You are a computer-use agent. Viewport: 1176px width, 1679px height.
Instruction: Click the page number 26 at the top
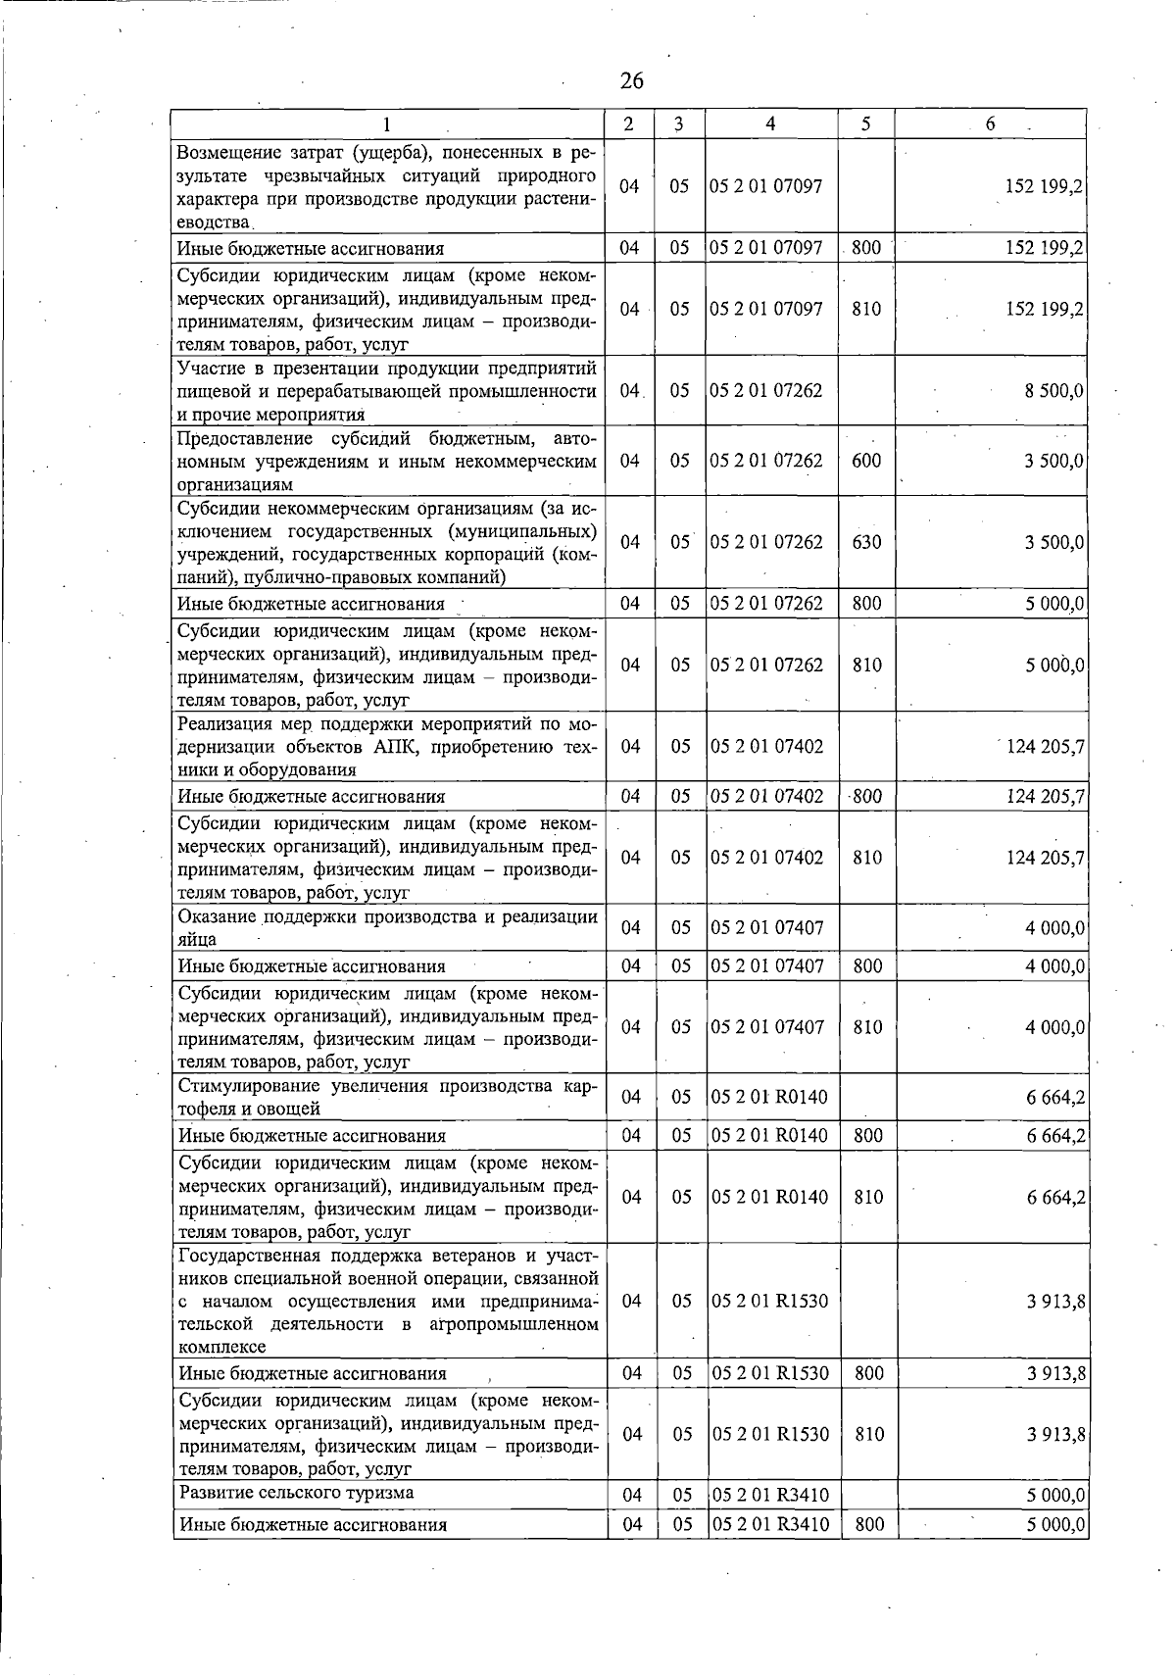[x=632, y=80]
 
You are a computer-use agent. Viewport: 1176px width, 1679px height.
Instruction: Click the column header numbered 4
[x=771, y=123]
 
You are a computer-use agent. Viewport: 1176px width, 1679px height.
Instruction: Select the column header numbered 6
[x=991, y=123]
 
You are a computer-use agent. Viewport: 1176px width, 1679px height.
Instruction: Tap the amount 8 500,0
[x=1053, y=390]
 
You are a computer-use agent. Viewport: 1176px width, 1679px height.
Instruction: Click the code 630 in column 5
[x=866, y=541]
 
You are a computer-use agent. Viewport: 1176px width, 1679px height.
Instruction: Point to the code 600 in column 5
[x=866, y=460]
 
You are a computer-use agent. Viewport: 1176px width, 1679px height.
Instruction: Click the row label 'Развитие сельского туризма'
[x=296, y=1493]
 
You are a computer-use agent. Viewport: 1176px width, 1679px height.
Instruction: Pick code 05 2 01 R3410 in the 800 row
[x=770, y=1524]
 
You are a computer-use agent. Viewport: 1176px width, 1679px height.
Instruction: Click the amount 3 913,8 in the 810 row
[x=1055, y=1434]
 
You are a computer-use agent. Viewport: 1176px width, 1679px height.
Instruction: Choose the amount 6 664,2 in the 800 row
[x=1055, y=1135]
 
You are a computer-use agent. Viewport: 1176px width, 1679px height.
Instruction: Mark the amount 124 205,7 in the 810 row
[x=1046, y=857]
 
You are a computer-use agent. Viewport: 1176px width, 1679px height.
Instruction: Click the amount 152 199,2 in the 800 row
[x=1045, y=248]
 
